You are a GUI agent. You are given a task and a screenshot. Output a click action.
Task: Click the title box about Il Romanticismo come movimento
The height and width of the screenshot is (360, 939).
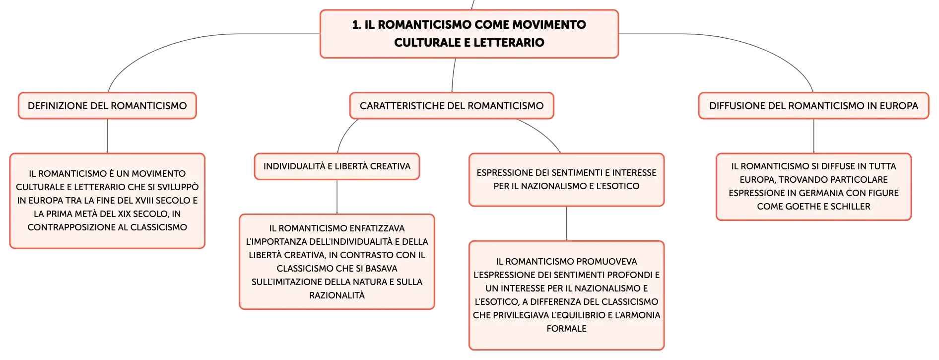point(469,34)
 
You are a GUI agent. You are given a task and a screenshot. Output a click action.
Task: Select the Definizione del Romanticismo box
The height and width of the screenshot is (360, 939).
point(107,106)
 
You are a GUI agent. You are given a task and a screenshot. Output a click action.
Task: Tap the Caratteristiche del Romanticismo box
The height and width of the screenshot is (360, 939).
point(452,106)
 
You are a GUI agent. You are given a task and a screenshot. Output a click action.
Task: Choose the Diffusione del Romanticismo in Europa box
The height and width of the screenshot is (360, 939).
point(813,106)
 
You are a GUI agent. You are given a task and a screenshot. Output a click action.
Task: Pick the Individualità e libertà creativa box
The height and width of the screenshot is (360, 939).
point(337,166)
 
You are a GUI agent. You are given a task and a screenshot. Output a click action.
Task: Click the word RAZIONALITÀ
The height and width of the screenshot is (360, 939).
point(337,295)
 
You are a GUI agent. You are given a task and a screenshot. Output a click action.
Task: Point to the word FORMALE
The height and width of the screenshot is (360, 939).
point(567,329)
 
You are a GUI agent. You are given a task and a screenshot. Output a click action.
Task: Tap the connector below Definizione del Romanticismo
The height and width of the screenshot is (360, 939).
point(107,136)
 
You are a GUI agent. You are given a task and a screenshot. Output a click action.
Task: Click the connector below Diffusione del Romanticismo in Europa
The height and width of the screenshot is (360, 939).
point(813,136)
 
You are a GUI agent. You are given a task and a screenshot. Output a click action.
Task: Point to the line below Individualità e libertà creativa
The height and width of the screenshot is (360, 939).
point(337,197)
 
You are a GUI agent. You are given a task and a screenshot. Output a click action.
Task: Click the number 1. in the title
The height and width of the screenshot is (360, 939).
point(357,25)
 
